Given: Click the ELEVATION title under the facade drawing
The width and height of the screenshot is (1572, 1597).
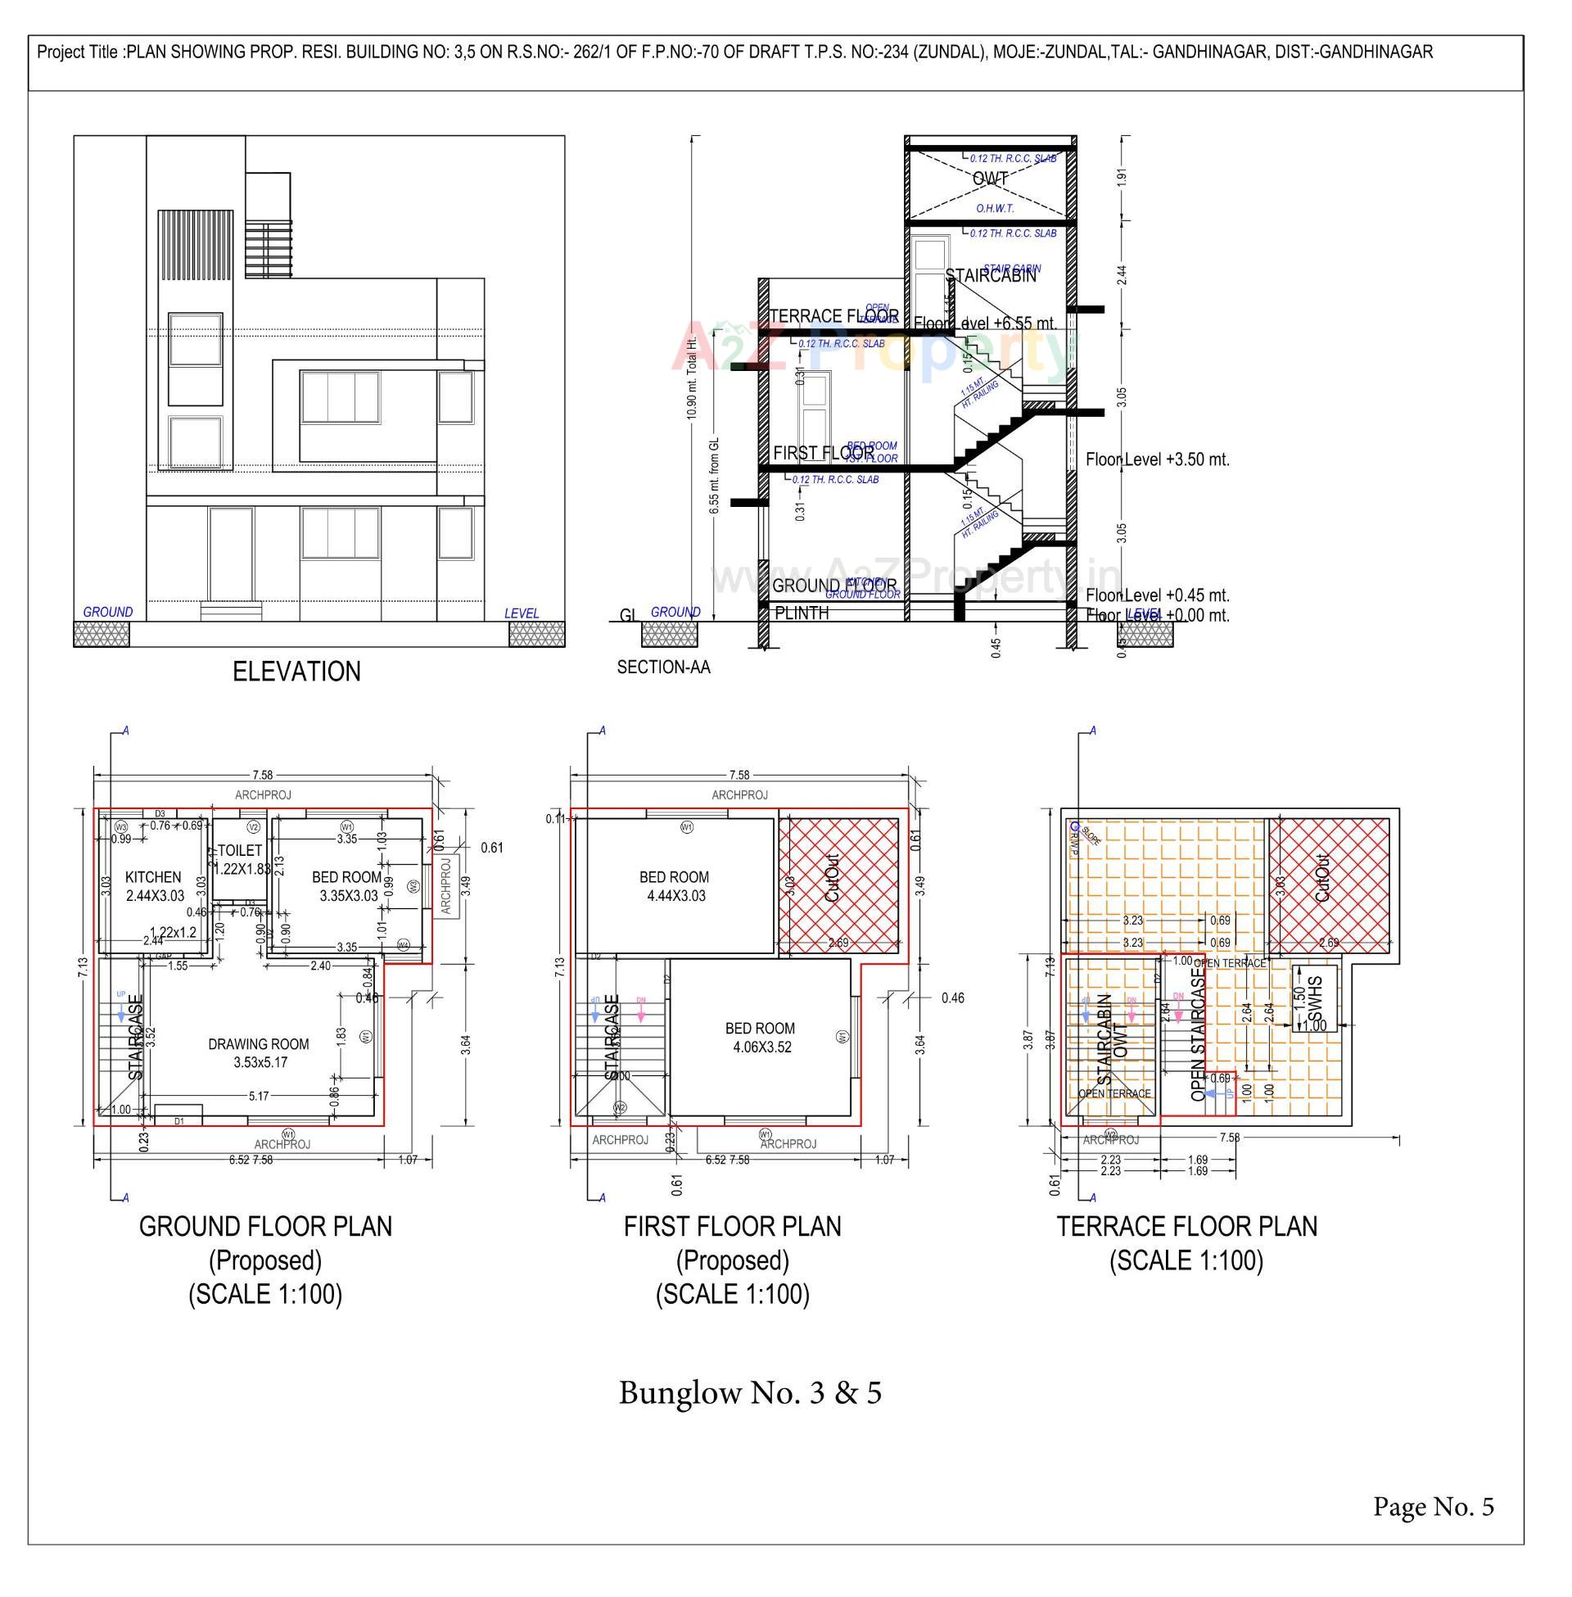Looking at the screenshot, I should pyautogui.click(x=296, y=672).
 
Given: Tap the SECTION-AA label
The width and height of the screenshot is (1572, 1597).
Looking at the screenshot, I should pyautogui.click(x=663, y=667).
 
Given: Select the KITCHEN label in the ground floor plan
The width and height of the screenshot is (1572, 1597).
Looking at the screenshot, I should pyautogui.click(x=154, y=877).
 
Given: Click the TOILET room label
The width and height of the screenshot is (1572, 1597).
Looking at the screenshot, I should pyautogui.click(x=239, y=851).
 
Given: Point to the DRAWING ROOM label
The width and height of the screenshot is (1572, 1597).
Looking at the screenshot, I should pyautogui.click(x=259, y=1044).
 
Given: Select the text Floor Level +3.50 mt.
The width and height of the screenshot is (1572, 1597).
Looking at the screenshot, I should pyautogui.click(x=1157, y=460).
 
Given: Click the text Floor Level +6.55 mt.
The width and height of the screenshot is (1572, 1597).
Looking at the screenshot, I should pyautogui.click(x=985, y=323).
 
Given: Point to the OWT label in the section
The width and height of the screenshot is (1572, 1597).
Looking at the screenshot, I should pyautogui.click(x=989, y=179).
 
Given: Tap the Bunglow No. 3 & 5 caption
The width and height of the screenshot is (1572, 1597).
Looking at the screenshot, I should pyautogui.click(x=750, y=1393).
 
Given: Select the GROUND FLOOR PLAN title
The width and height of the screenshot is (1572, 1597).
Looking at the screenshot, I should pyautogui.click(x=265, y=1226).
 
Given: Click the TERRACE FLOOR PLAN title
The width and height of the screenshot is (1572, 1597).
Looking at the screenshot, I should pyautogui.click(x=1186, y=1226).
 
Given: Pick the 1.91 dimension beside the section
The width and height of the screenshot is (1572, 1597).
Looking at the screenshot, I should pyautogui.click(x=1120, y=178).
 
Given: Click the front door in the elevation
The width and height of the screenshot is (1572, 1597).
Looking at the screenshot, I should pyautogui.click(x=230, y=555).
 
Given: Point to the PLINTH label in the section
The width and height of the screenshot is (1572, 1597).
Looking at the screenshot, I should pyautogui.click(x=801, y=613).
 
